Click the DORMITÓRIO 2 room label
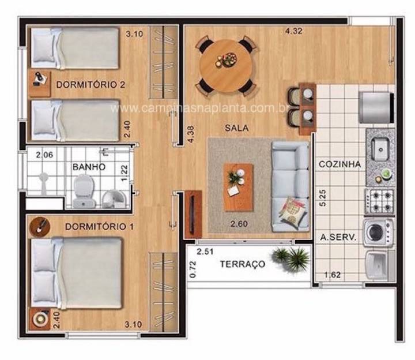pyautogui.click(x=90, y=85)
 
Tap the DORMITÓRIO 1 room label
pyautogui.click(x=99, y=227)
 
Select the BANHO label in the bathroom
pyautogui.click(x=89, y=167)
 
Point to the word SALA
pyautogui.click(x=237, y=128)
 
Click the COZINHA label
pyautogui.click(x=339, y=164)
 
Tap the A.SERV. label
pyautogui.click(x=338, y=237)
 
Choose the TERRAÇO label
pyautogui.click(x=243, y=264)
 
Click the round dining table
pyautogui.click(x=226, y=66)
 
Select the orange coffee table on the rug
pyautogui.click(x=239, y=187)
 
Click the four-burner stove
pyautogui.click(x=379, y=201)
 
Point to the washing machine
pyautogui.click(x=378, y=232)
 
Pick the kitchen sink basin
pyautogui.click(x=380, y=149)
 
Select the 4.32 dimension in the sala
pyautogui.click(x=293, y=31)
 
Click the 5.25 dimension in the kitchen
pyautogui.click(x=323, y=198)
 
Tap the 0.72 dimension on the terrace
pyautogui.click(x=193, y=269)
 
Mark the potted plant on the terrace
pyautogui.click(x=291, y=259)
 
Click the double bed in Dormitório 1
pyautogui.click(x=76, y=273)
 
